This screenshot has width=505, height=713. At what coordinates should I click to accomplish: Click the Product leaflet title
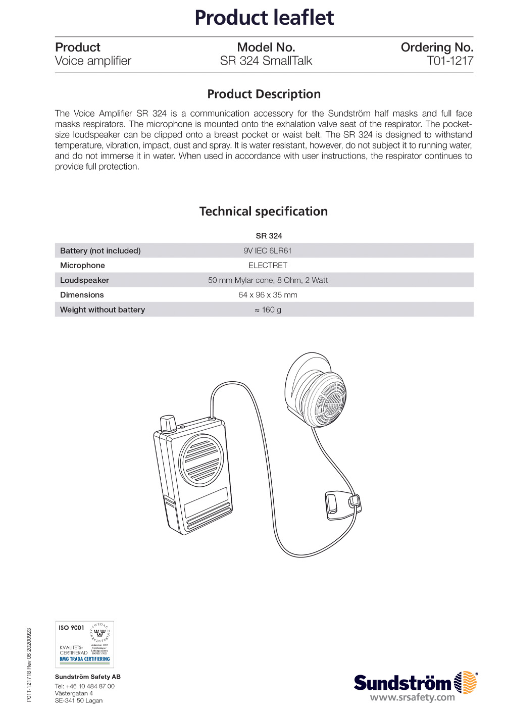(x=264, y=18)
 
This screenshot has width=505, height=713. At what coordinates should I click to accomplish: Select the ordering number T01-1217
(x=449, y=61)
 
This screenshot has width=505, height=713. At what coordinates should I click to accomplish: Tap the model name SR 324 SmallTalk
(x=266, y=61)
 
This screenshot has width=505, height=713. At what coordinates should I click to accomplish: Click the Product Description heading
(x=264, y=94)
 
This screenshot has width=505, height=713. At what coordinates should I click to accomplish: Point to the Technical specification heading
(x=263, y=211)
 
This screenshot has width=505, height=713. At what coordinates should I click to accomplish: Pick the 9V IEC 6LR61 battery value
(x=268, y=250)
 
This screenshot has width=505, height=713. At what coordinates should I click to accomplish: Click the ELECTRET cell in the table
(x=268, y=265)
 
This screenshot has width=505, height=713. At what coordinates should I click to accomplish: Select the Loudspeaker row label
(x=84, y=280)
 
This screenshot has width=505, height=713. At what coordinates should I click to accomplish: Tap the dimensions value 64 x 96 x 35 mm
(x=268, y=295)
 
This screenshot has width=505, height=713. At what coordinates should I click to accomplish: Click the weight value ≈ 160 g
(x=268, y=310)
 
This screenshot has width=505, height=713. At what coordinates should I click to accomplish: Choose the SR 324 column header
(x=269, y=236)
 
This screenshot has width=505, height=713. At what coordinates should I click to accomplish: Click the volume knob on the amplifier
(x=168, y=424)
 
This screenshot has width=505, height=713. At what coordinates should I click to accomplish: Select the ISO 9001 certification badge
(x=84, y=644)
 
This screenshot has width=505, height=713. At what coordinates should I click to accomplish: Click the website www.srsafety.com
(x=412, y=698)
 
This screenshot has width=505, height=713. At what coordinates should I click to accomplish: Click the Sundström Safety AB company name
(x=88, y=677)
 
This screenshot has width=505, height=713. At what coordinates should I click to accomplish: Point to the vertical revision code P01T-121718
(x=29, y=665)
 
